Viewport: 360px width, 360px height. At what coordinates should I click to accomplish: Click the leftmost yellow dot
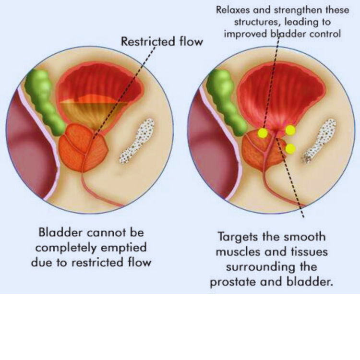click(262, 133)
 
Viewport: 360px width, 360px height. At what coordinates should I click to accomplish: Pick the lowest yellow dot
click(290, 149)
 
